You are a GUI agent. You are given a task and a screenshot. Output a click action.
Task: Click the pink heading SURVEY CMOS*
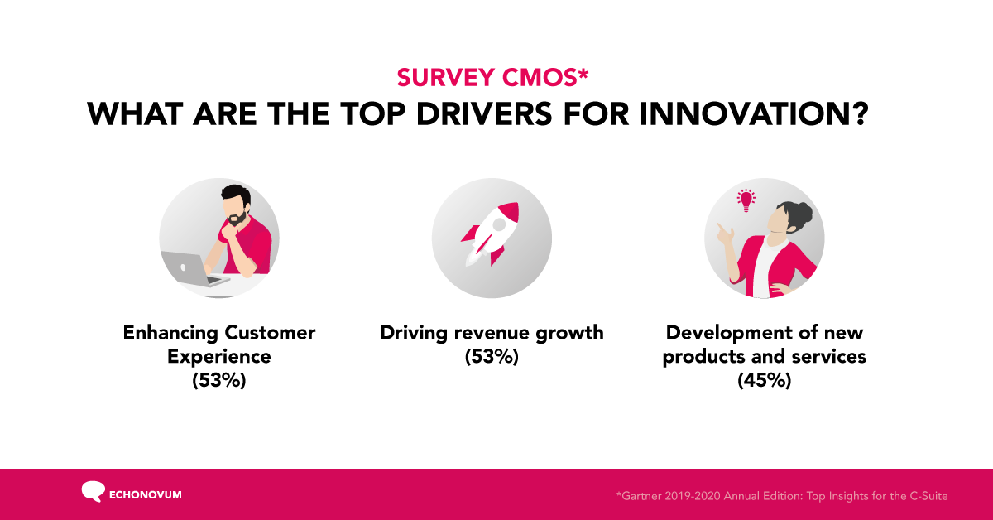(x=492, y=76)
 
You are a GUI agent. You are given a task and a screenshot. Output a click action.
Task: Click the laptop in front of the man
(x=190, y=267)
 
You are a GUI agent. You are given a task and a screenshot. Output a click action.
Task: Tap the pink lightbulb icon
(x=746, y=200)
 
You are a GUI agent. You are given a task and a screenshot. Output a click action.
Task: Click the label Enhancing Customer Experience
(x=219, y=344)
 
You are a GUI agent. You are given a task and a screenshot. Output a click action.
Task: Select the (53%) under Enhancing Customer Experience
(x=219, y=381)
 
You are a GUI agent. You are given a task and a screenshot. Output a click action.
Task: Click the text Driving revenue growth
(x=492, y=333)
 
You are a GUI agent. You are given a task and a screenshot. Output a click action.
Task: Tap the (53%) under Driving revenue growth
(x=492, y=357)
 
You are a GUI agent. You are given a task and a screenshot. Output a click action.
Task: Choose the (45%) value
(x=765, y=381)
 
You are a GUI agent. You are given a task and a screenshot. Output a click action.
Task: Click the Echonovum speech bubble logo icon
(x=93, y=491)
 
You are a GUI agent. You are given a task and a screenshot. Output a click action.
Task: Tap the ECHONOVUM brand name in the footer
(x=145, y=495)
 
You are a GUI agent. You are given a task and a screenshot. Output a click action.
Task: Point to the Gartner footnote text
(x=781, y=496)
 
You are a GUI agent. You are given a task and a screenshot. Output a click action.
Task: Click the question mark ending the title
(x=856, y=113)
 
